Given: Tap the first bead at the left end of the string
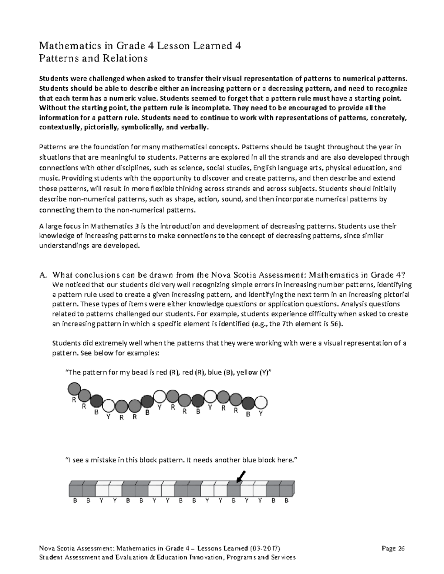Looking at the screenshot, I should point(74,388).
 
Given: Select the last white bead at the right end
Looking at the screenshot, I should point(261,402).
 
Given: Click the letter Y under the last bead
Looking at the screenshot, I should point(261,414).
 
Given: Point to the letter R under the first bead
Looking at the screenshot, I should point(74,400).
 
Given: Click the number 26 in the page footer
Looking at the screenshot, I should point(401,548).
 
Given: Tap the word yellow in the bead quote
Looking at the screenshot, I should point(238,373).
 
